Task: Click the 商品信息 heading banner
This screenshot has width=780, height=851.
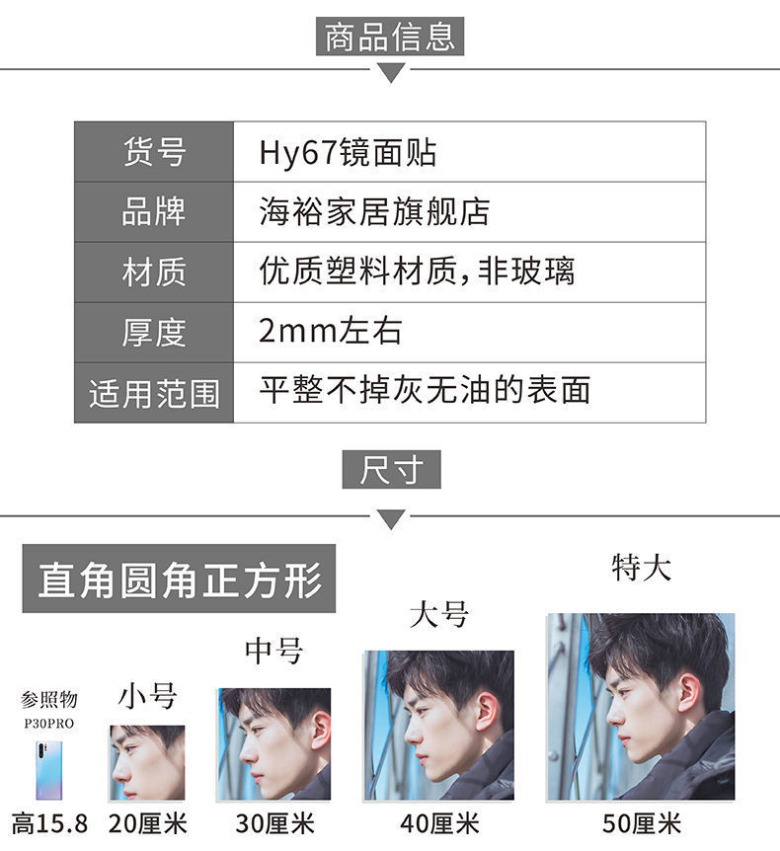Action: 390,38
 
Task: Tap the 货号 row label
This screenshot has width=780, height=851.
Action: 154,152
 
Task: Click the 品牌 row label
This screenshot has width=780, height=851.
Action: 154,212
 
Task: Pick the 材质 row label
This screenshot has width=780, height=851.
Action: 154,272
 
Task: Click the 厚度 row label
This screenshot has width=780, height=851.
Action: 154,333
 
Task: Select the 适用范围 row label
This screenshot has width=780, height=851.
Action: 154,394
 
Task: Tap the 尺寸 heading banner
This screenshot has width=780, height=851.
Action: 391,470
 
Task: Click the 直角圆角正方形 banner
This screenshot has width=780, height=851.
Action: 179,580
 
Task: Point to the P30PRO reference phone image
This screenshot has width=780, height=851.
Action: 48,770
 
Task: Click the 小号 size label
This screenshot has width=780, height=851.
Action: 148,696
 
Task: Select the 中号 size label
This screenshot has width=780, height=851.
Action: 273,652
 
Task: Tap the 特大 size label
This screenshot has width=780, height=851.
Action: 641,568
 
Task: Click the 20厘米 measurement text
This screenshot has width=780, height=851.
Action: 148,822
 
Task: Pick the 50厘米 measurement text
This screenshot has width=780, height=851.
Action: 642,822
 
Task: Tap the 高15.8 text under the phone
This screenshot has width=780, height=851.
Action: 48,822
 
